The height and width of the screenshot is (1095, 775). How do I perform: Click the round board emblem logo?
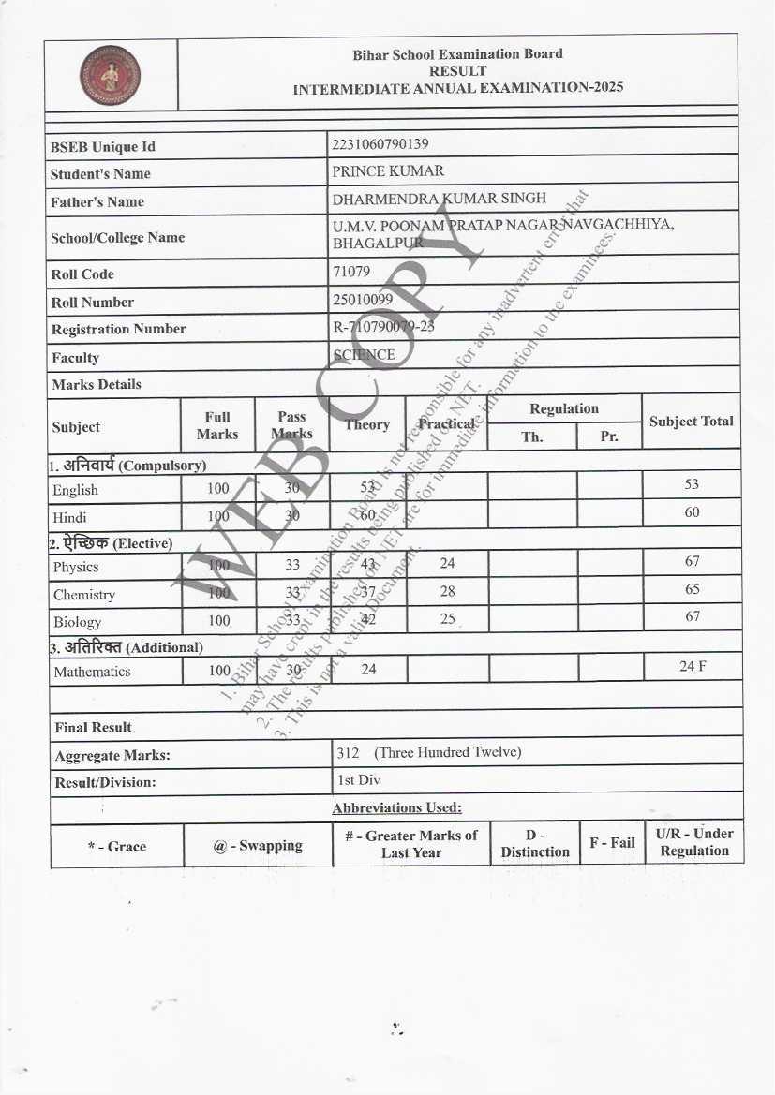[110, 75]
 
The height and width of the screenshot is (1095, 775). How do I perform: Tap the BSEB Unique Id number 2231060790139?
[380, 144]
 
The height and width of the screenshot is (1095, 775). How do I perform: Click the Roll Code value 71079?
[351, 272]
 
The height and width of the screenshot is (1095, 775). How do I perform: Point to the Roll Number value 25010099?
[363, 300]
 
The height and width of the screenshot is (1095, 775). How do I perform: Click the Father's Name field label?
[97, 201]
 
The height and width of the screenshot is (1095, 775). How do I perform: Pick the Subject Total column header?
[692, 422]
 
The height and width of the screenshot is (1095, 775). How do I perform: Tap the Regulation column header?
[563, 408]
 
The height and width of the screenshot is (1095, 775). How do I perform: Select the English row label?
[75, 490]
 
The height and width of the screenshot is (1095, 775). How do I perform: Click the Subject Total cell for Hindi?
[692, 512]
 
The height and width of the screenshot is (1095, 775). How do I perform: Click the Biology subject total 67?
[692, 616]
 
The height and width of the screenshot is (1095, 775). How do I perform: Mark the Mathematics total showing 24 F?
[693, 666]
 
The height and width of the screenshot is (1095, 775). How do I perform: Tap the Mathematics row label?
[92, 672]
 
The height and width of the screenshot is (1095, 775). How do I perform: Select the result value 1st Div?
[352, 779]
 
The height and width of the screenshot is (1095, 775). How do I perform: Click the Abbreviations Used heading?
[396, 807]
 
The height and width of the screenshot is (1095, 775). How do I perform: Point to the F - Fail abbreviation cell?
[612, 842]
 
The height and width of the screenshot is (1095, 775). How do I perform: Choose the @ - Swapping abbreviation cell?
[258, 845]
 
